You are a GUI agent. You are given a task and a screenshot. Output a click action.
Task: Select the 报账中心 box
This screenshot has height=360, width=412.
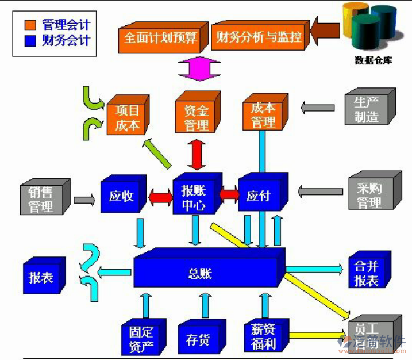[194, 197]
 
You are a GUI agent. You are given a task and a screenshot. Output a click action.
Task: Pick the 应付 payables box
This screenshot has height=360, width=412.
[257, 196]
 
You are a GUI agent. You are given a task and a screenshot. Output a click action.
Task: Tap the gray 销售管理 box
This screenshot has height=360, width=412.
[41, 199]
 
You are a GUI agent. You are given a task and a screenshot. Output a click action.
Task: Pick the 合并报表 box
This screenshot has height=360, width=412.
[366, 274]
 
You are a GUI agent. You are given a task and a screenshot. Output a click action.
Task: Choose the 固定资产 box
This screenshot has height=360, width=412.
[141, 339]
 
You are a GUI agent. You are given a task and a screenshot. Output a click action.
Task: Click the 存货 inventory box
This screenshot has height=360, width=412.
[198, 340]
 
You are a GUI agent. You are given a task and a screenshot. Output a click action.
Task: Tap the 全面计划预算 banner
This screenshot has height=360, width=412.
[161, 38]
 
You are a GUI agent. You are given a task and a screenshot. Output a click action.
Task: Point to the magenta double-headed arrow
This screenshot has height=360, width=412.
[199, 68]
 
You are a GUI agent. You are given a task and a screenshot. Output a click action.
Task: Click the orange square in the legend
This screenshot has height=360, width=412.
[30, 25]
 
